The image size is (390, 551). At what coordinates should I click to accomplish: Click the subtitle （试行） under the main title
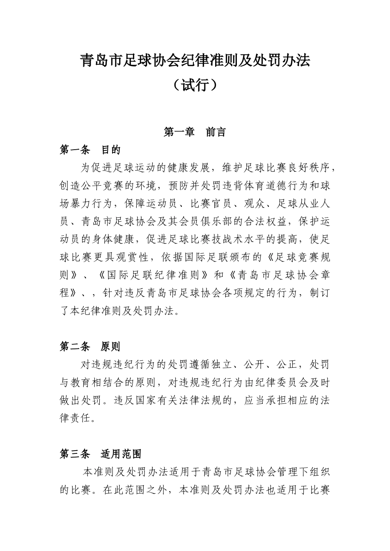pyautogui.click(x=195, y=86)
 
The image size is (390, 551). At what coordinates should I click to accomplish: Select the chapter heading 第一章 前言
pyautogui.click(x=195, y=132)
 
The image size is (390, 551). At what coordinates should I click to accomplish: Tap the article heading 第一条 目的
pyautogui.click(x=90, y=150)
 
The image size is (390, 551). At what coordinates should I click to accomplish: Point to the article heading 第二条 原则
pyautogui.click(x=90, y=347)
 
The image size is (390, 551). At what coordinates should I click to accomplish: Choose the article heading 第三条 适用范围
pyautogui.click(x=101, y=454)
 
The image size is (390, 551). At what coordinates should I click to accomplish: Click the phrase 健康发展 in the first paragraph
pyautogui.click(x=189, y=168)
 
